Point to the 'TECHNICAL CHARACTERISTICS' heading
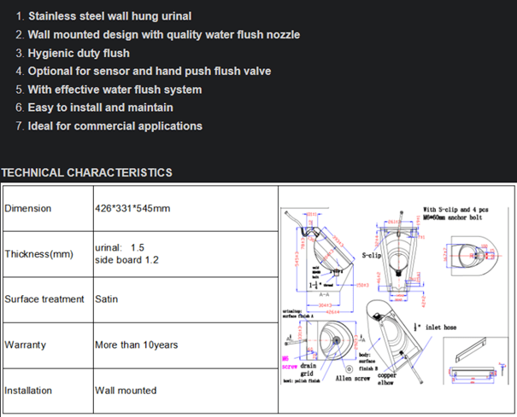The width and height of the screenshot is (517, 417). (x=86, y=173)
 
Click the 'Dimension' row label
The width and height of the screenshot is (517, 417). (x=28, y=208)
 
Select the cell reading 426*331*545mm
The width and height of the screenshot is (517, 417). (x=132, y=208)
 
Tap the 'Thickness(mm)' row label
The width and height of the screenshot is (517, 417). (x=39, y=254)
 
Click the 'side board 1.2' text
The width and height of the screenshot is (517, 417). (x=126, y=260)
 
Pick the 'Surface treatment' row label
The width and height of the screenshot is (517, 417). (x=44, y=299)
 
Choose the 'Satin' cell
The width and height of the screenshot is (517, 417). (x=107, y=299)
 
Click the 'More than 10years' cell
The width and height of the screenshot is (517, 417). (x=136, y=345)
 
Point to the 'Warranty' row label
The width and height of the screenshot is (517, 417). (x=26, y=345)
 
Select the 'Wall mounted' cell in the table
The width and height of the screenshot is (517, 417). (x=126, y=391)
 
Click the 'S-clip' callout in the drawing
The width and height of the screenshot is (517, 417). (x=371, y=255)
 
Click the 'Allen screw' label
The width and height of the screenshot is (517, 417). (x=351, y=378)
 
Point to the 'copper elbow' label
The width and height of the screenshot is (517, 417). (x=386, y=379)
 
